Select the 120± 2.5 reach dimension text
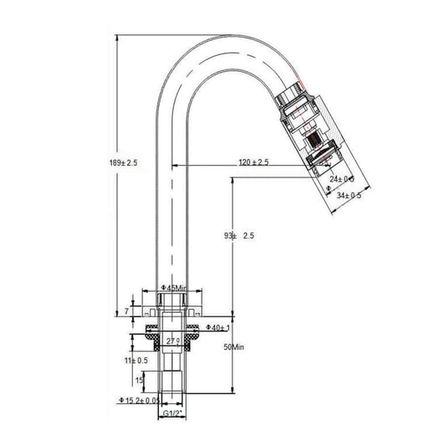click(254, 161)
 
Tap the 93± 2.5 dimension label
click(239, 237)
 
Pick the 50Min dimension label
click(232, 346)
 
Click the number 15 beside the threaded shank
click(138, 380)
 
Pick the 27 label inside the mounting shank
click(173, 341)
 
